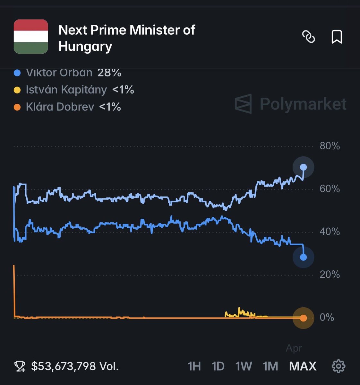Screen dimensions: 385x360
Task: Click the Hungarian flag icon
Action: click(31, 36)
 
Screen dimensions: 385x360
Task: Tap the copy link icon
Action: click(309, 37)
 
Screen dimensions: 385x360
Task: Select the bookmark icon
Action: click(337, 37)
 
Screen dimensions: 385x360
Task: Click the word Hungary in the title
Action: click(85, 47)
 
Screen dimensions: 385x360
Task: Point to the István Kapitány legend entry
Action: click(66, 90)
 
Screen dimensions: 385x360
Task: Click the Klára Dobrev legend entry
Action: click(60, 107)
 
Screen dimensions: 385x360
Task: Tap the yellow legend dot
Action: click(17, 90)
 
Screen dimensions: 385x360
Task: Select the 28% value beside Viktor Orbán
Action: click(109, 73)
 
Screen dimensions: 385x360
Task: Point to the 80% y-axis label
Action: click(330, 146)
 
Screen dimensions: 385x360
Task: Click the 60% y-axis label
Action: click(330, 189)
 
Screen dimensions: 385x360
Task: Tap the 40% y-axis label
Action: click(330, 232)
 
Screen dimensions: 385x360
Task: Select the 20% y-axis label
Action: click(330, 275)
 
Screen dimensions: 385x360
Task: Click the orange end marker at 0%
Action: click(303, 318)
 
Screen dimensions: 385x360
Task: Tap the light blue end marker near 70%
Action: click(303, 167)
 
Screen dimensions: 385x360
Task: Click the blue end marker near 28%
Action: click(303, 257)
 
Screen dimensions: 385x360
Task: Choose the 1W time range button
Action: click(244, 366)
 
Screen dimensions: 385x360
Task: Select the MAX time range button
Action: click(303, 366)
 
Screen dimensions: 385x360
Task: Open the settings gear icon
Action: click(338, 366)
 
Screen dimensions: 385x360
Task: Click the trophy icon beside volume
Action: click(20, 366)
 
